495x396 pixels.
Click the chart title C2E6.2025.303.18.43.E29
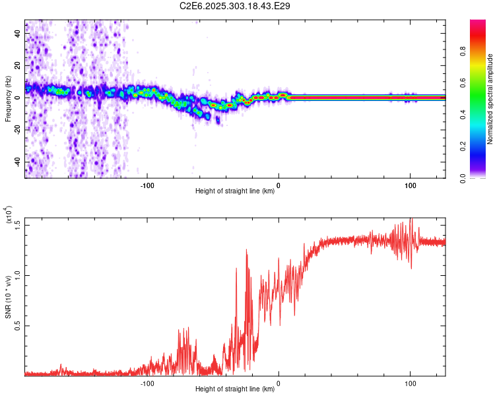pyautogui.click(x=236, y=6)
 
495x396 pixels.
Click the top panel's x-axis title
pyautogui.click(x=235, y=191)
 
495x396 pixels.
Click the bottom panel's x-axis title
pyautogui.click(x=235, y=389)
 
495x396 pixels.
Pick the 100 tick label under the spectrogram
pyautogui.click(x=410, y=185)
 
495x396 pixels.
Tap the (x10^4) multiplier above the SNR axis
pyautogui.click(x=9, y=215)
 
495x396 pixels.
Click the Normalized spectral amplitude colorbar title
pyautogui.click(x=490, y=98)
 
